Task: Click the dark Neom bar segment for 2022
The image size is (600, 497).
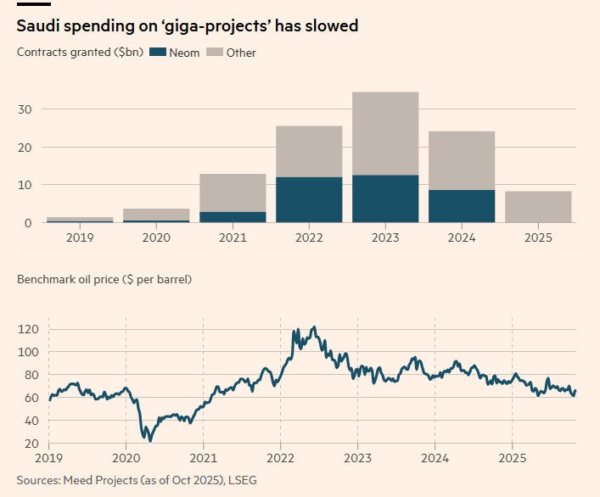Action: click(x=309, y=200)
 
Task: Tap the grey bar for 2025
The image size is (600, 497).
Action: click(x=538, y=207)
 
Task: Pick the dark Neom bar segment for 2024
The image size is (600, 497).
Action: click(x=462, y=206)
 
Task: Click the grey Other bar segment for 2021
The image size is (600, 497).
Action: click(x=233, y=193)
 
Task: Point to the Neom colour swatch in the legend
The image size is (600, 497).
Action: click(x=157, y=53)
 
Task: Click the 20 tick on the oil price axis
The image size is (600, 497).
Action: click(x=32, y=444)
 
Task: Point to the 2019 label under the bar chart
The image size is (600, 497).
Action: click(x=80, y=238)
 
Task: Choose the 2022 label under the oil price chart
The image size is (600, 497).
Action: click(x=280, y=459)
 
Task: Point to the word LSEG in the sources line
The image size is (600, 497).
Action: click(x=240, y=481)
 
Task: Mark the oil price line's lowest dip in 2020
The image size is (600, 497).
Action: click(x=150, y=441)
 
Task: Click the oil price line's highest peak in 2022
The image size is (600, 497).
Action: click(x=314, y=327)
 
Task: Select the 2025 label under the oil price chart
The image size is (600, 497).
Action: click(x=512, y=459)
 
